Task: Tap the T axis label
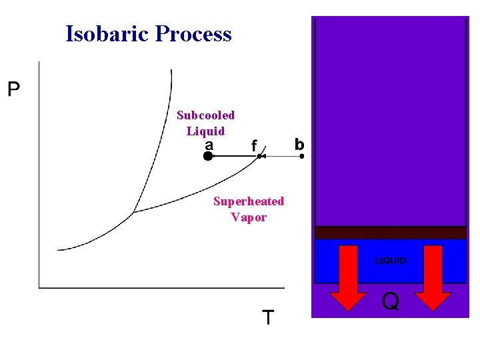coord(267,317)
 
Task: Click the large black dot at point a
coord(208,156)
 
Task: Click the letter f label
coord(253,145)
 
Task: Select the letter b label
coord(299,144)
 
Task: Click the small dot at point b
coord(302,156)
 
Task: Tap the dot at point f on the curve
coord(259,156)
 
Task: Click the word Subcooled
coord(205,115)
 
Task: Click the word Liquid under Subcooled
coord(205,131)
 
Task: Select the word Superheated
coord(248,201)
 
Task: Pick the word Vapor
coord(248,217)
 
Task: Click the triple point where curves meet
coord(134,212)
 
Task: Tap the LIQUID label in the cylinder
coord(390,261)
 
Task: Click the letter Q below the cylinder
coord(391,302)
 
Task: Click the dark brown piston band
coord(390,233)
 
